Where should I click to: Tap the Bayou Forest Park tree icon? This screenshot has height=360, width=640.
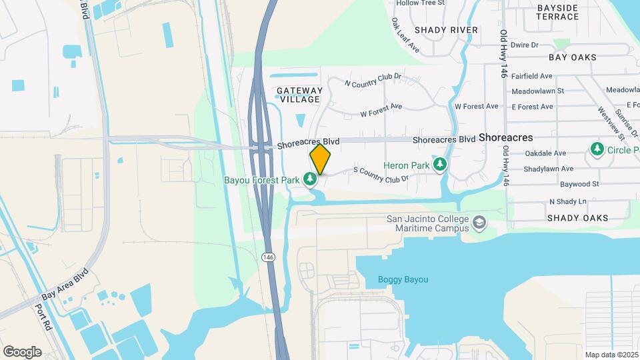pyautogui.click(x=309, y=179)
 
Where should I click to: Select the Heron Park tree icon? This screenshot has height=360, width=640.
pyautogui.click(x=439, y=164)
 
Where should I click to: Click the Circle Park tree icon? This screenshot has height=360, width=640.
pyautogui.click(x=597, y=149)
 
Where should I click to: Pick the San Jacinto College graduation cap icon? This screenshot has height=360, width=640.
pyautogui.click(x=479, y=221)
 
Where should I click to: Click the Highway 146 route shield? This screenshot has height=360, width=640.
pyautogui.click(x=268, y=257)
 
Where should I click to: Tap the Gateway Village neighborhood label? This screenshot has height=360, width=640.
pyautogui.click(x=300, y=95)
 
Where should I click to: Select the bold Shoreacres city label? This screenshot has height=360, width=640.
pyautogui.click(x=505, y=137)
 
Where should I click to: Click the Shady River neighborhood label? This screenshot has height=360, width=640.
pyautogui.click(x=446, y=30)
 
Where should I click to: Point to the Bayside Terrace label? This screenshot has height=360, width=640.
pyautogui.click(x=557, y=12)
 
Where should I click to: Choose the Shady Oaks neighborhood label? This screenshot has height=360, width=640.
pyautogui.click(x=577, y=218)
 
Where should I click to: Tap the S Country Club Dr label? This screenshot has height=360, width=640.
pyautogui.click(x=379, y=175)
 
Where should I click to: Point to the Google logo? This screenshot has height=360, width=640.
pyautogui.click(x=22, y=351)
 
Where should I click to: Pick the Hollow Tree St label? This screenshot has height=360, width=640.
pyautogui.click(x=420, y=3)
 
